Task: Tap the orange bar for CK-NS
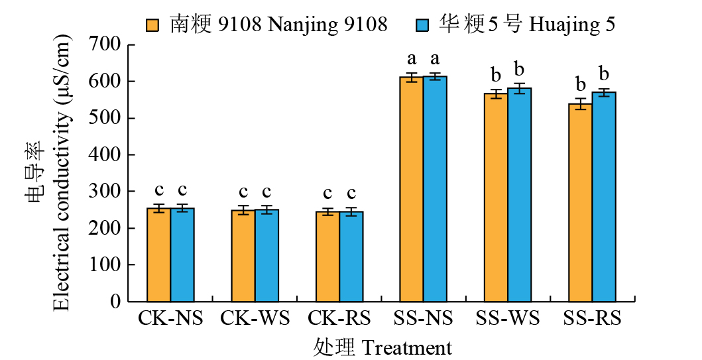158,255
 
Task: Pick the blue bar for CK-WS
266,255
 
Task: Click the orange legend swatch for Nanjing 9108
154,25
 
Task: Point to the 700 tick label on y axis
105,44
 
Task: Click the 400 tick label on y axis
105,154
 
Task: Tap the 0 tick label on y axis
115,302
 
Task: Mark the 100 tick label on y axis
105,265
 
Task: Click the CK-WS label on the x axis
255,318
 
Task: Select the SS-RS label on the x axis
592,318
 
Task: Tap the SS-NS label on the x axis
423,318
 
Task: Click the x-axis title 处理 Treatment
382,347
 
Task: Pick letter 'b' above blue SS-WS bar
520,70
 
